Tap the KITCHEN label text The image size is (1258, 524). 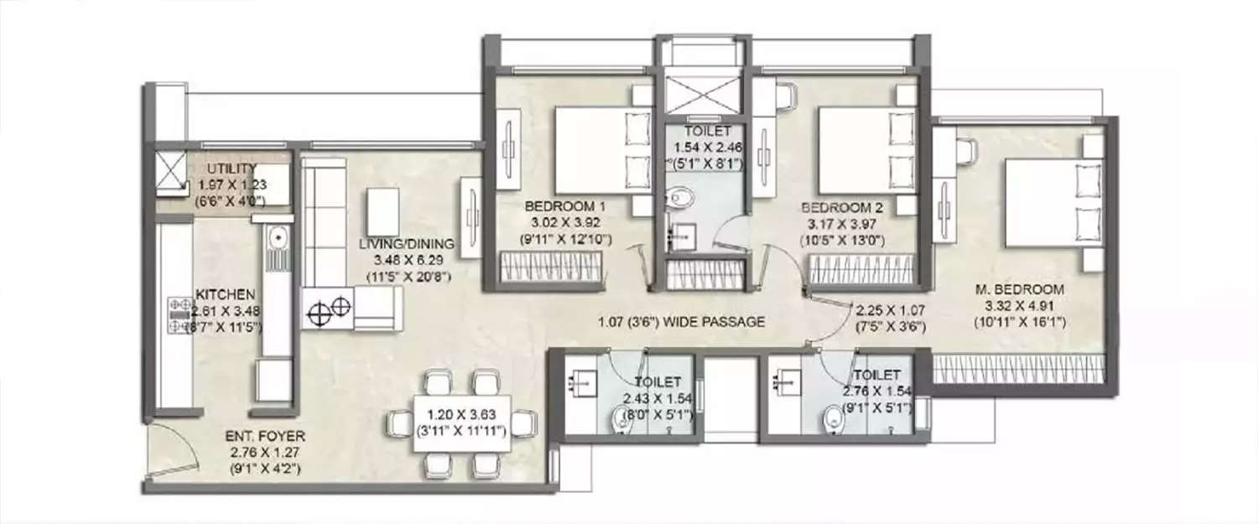(226, 294)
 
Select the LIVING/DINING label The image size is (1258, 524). (408, 245)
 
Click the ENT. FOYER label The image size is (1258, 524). (265, 437)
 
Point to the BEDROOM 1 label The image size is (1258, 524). (565, 206)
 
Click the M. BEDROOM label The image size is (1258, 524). (1020, 290)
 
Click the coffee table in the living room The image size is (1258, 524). (383, 212)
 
